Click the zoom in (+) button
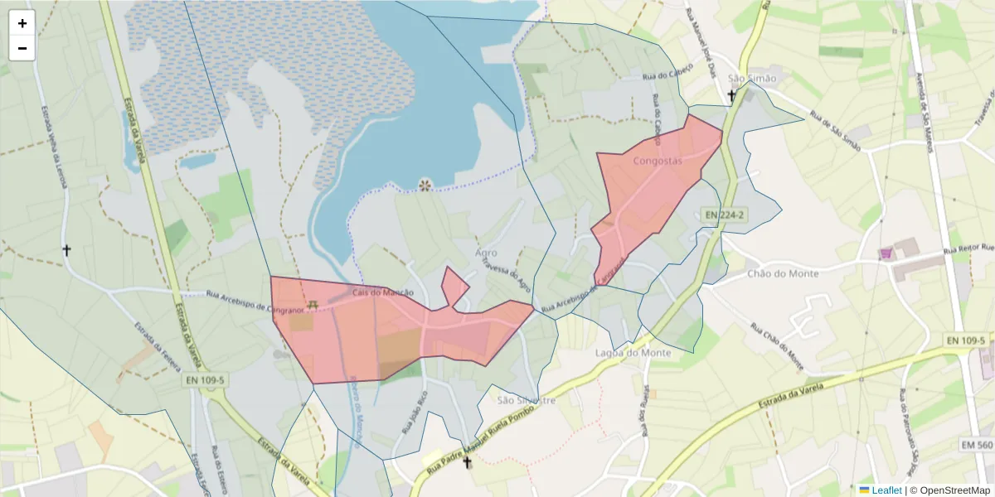pos(22,23)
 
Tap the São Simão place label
pos(752,79)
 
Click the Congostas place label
pos(657,161)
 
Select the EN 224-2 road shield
pos(723,215)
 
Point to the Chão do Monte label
pos(783,273)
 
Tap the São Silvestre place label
pos(525,399)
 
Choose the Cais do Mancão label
pos(382,292)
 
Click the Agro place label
pos(487,253)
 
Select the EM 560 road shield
pos(977,446)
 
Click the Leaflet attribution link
pos(886,490)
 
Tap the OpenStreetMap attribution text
pos(949,490)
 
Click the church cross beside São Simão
pos(731,96)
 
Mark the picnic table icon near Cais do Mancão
pos(313,306)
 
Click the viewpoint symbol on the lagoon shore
pos(425,184)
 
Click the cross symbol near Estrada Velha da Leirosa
pos(67,249)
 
